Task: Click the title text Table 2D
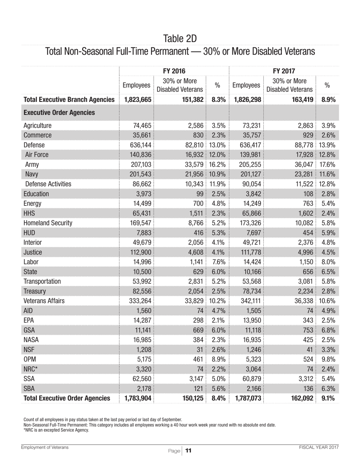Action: tap(180, 39)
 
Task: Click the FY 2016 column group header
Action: tap(174, 70)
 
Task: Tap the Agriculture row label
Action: tap(37, 126)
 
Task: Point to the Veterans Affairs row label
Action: tap(44, 301)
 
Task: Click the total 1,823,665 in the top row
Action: tap(136, 100)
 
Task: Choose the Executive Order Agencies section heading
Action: tap(59, 113)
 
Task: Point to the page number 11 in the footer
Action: tap(189, 451)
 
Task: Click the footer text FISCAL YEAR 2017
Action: tap(318, 447)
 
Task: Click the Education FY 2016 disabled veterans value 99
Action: tap(200, 194)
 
